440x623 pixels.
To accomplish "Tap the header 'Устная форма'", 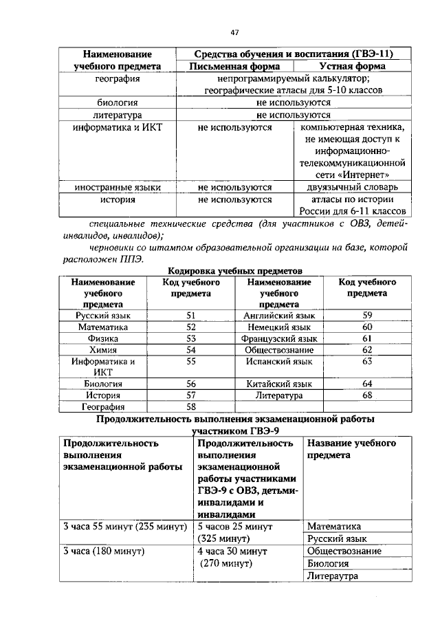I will pyautogui.click(x=352, y=67).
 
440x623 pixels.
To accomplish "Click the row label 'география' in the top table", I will pyautogui.click(x=118, y=79).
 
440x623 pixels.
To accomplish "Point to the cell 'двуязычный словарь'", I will pyautogui.click(x=352, y=187).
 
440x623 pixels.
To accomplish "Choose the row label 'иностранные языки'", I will pyautogui.click(x=118, y=187).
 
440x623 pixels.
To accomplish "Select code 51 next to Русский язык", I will pyautogui.click(x=191, y=315).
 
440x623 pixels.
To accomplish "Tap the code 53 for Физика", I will pyautogui.click(x=191, y=338).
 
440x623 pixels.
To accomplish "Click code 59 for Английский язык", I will pyautogui.click(x=367, y=315).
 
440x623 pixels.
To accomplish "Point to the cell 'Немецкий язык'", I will pyautogui.click(x=279, y=327).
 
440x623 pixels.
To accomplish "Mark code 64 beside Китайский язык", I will pyautogui.click(x=367, y=383).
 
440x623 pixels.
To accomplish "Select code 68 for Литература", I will pyautogui.click(x=367, y=395).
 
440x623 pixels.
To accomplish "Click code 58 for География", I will pyautogui.click(x=191, y=406).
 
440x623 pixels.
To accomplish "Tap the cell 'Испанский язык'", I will pyautogui.click(x=279, y=360).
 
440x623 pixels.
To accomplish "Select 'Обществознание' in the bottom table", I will pyautogui.click(x=344, y=551).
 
